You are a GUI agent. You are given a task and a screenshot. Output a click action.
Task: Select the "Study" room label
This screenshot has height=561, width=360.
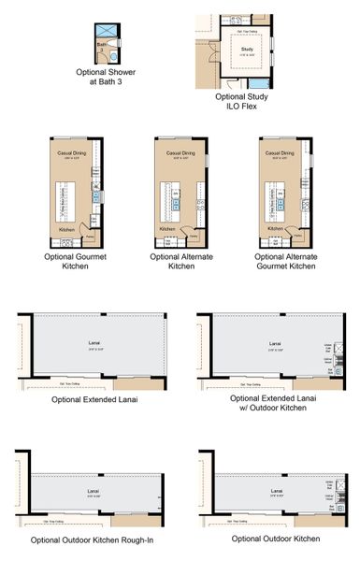(247, 49)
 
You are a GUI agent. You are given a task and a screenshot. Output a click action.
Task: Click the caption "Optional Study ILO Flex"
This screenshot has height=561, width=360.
(247, 100)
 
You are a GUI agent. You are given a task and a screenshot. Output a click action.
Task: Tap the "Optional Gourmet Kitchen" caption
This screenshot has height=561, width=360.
(76, 261)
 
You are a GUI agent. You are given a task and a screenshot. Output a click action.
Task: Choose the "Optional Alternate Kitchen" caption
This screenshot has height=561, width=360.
(180, 261)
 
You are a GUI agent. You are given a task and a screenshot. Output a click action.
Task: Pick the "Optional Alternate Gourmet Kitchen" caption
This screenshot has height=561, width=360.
(285, 261)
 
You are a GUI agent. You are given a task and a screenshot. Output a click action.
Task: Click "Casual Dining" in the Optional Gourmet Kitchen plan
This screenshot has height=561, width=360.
(71, 152)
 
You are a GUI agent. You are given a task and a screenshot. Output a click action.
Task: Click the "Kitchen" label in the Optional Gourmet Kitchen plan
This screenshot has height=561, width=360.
(66, 229)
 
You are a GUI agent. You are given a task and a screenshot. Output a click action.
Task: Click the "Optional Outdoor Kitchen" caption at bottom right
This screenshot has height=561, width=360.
(275, 539)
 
